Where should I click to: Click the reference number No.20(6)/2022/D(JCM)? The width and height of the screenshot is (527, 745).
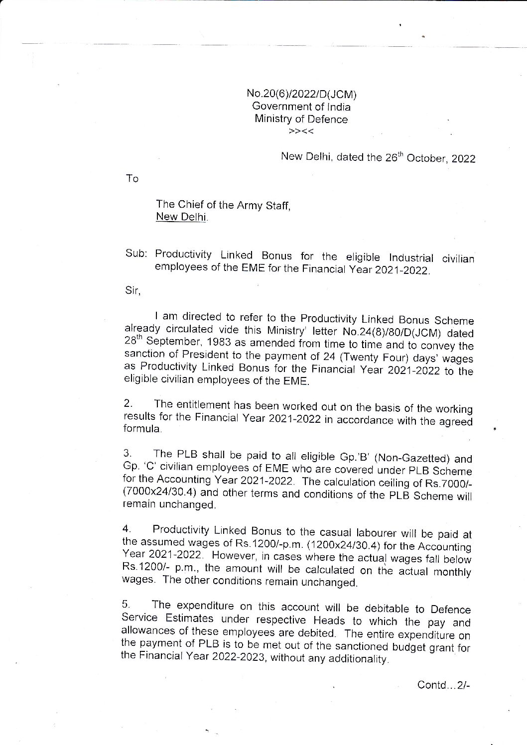[302, 94]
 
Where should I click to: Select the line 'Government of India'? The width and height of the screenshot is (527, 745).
[301, 107]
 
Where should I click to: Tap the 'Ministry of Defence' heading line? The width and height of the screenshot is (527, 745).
[301, 119]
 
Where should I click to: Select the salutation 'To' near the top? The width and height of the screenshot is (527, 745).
[132, 179]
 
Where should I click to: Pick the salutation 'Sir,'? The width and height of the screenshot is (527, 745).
[133, 291]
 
